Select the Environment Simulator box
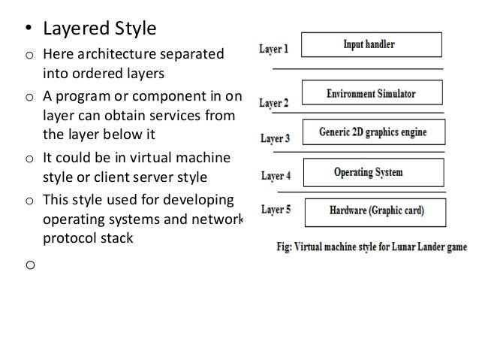[x=372, y=94]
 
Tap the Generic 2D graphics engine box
[x=373, y=132]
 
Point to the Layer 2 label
[x=275, y=103]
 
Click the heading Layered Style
[x=98, y=30]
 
